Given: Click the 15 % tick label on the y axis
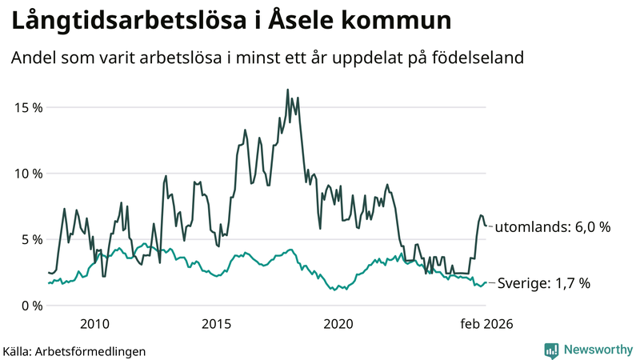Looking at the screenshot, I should pos(26,107).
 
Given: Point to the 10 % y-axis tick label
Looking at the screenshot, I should pos(26,174).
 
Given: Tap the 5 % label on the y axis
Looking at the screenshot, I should pos(30,239).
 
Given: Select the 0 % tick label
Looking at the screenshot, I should pos(30,306).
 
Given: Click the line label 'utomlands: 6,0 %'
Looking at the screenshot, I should pos(553,227).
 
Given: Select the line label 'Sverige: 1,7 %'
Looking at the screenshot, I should pos(544,283).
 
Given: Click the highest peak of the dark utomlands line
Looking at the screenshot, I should pos(287,90).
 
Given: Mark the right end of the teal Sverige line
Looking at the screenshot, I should pos(486,282).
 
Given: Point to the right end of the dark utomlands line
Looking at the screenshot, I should pos(486,226).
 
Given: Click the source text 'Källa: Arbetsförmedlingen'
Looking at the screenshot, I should pos(74,351).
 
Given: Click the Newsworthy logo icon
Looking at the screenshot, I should pos(551,350).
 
